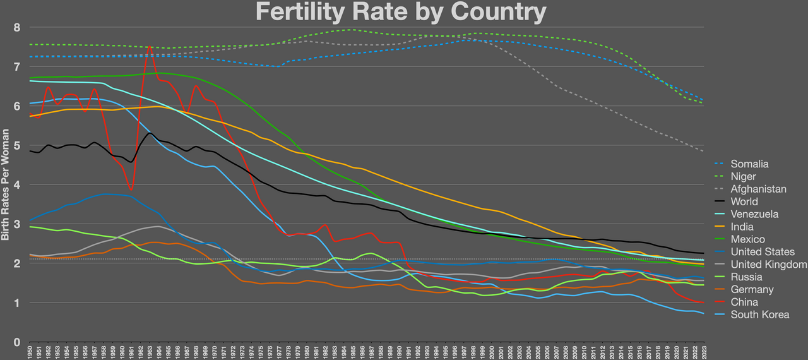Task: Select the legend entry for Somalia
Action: (x=749, y=164)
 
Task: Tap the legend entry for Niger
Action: (x=744, y=177)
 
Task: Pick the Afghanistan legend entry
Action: (x=758, y=189)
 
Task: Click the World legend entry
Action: (x=744, y=201)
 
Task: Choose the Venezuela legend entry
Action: (x=754, y=214)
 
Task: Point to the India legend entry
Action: (x=742, y=227)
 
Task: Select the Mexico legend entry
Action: (x=747, y=239)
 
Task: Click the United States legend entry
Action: (x=763, y=252)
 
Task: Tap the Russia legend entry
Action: (x=746, y=277)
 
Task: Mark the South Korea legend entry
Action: (x=759, y=315)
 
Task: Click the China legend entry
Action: (x=745, y=302)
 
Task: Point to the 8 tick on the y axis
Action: (x=17, y=28)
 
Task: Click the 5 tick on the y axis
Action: (x=17, y=146)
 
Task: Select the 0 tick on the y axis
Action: (x=17, y=342)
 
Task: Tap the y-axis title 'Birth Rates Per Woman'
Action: (x=6, y=184)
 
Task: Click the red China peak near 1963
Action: (x=150, y=46)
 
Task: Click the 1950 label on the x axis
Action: (x=30, y=352)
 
